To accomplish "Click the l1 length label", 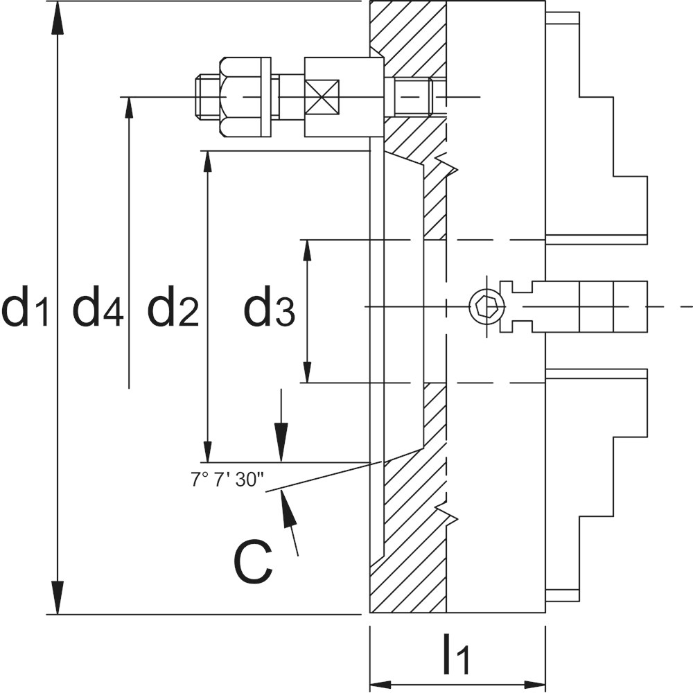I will coord(456,656).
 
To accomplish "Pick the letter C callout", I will coord(253,562).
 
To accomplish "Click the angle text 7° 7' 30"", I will coord(227,479).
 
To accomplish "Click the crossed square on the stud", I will coord(323,97).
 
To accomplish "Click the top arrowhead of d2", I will coord(207,161).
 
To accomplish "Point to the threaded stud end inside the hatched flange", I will coord(414,96).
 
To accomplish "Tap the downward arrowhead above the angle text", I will coord(281,447).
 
